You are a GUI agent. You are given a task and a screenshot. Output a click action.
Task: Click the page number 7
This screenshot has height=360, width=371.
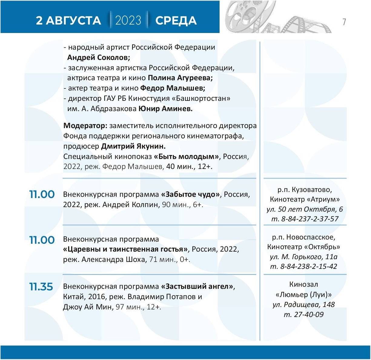click(x=344, y=22)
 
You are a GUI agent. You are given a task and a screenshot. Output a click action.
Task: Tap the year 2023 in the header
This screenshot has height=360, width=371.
click(x=128, y=21)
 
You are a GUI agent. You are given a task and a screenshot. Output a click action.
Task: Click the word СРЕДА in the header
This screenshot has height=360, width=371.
click(x=176, y=21)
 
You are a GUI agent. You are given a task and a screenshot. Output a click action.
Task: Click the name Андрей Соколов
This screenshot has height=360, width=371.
click(x=98, y=58)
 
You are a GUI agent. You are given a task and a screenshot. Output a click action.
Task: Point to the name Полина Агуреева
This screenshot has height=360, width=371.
click(x=180, y=78)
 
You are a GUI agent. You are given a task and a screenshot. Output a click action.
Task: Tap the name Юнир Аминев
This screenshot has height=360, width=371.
click(x=165, y=109)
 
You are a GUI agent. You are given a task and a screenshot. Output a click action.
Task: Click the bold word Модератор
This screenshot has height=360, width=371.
click(x=85, y=126)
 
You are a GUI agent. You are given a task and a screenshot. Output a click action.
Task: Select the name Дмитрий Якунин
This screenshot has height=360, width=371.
click(x=133, y=146)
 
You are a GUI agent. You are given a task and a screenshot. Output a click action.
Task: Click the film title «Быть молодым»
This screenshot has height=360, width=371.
click(x=186, y=157)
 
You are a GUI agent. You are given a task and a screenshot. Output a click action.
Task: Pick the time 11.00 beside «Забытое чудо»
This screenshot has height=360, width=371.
click(x=42, y=194)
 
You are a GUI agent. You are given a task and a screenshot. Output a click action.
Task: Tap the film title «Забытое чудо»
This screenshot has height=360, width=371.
click(x=190, y=194)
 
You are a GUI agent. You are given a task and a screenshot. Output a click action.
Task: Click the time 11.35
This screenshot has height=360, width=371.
click(x=41, y=286)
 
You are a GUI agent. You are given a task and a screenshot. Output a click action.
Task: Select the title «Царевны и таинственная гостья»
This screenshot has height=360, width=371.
click(x=125, y=249)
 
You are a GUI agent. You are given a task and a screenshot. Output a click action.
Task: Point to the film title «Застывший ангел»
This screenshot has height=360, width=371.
click(x=197, y=286)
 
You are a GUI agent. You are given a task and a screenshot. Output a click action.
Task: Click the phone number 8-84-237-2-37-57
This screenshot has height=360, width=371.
click(x=310, y=219)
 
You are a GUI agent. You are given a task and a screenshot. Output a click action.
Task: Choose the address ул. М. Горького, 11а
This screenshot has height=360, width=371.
click(x=303, y=257)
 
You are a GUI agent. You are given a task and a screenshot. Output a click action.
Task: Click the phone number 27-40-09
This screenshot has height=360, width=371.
click(x=309, y=315)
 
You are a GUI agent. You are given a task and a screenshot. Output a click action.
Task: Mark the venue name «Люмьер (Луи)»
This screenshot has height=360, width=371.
click(x=303, y=294)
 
